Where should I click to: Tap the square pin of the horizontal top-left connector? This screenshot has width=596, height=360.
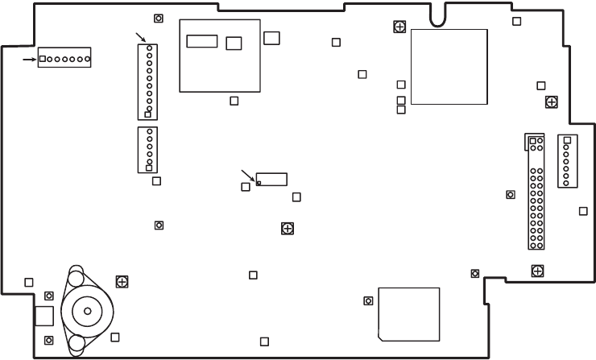coord(43,59)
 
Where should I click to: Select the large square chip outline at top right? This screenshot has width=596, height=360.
coord(449,67)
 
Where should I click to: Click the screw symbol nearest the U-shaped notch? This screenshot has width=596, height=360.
coord(399,27)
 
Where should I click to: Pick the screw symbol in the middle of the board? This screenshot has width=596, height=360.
coord(287,228)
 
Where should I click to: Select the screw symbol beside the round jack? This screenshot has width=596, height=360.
coord(122,281)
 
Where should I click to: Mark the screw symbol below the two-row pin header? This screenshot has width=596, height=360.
coord(536,271)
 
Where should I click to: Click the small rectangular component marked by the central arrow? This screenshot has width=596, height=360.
coord(272,179)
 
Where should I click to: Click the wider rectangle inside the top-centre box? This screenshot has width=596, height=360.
coord(201,41)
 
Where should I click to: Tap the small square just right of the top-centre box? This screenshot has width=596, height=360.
coord(271,37)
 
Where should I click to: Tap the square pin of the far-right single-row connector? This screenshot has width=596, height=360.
coord(567,140)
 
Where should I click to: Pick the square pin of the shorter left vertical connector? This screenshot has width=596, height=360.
coord(148,168)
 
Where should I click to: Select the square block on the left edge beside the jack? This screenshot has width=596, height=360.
coord(43,315)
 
